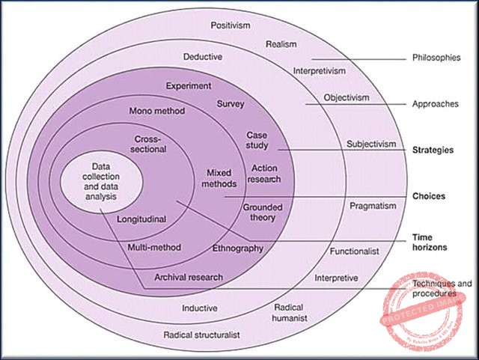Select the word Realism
pos(282,44)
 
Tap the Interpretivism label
pos(320,71)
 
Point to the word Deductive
pos(204,56)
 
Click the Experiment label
pos(188,85)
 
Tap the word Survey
pos(231,103)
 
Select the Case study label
pos(257,140)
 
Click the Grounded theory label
pos(258,212)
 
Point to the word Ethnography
pos(238,248)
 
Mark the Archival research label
pos(188,277)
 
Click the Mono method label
pos(156,110)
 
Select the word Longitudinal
pos(141,219)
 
